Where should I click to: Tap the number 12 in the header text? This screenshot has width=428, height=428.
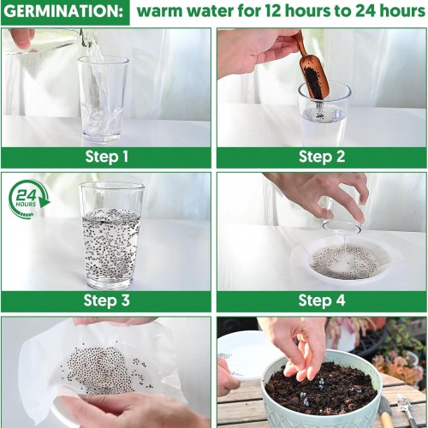tap(274, 11)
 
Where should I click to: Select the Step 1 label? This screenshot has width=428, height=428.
tap(107, 157)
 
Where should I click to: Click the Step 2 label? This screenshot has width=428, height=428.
tap(322, 157)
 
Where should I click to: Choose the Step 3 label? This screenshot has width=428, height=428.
tap(107, 300)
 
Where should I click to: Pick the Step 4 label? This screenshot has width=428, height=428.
tap(322, 300)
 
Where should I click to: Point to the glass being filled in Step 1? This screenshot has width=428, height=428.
tap(103, 99)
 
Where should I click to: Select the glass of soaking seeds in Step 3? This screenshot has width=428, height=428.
tap(112, 235)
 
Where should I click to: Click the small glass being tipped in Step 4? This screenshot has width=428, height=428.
tap(342, 218)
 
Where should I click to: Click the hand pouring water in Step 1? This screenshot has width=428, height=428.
tap(21, 40)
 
